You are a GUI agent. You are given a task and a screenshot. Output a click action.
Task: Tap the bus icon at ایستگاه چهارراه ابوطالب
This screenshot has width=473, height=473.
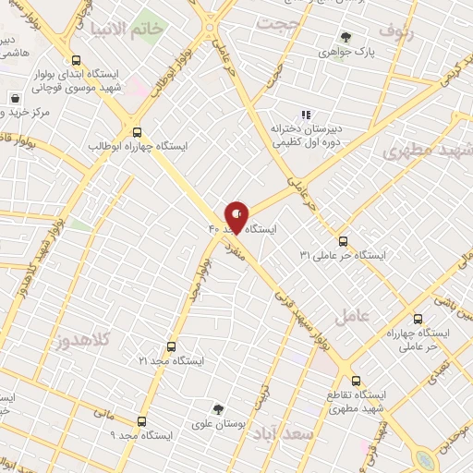138,131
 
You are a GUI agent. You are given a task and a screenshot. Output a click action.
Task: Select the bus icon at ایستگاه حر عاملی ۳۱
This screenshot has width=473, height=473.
343,240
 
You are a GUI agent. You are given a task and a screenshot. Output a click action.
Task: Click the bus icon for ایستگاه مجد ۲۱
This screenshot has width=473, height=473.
171,346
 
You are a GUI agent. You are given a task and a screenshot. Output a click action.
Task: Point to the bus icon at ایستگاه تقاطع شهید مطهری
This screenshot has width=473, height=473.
357,380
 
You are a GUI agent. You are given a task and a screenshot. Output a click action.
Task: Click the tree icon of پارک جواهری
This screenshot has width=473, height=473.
346,38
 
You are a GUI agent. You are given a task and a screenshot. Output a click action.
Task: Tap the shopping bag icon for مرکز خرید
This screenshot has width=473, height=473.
16,98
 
